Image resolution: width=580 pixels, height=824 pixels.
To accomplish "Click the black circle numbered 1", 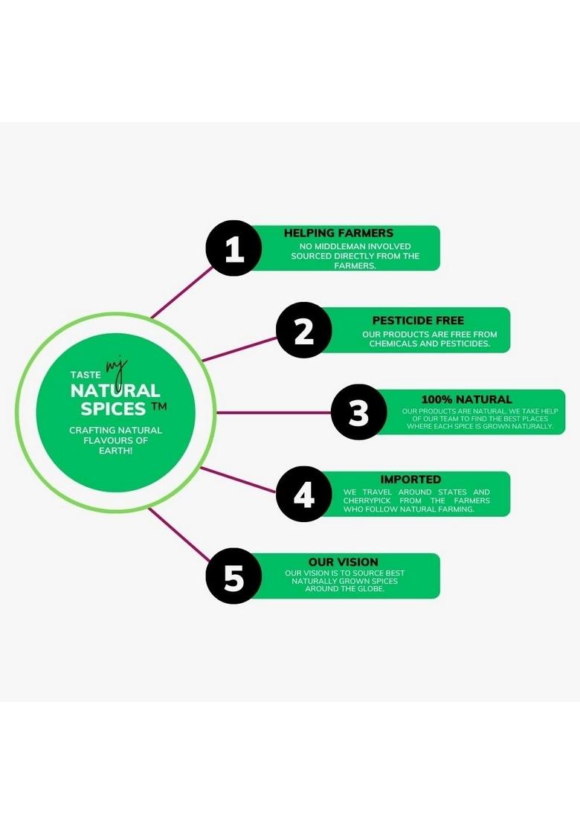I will coord(233,248).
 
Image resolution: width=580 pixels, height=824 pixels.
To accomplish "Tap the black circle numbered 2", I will coord(304,330).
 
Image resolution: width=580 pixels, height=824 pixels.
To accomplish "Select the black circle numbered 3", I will coord(358,412).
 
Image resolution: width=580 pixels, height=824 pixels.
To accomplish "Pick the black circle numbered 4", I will coord(304,494).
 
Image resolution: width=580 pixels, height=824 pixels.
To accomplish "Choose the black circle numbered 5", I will coord(233,576).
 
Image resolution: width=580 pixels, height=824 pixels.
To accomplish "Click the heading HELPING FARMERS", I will coord(338,233).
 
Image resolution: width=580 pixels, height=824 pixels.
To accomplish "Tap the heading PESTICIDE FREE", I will coord(418,321).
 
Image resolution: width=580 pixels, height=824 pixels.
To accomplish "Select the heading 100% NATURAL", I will coord(466,399).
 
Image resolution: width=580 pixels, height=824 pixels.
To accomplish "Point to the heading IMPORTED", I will coord(410,480).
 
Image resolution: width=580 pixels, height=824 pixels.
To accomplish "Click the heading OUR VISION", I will coord(343,562).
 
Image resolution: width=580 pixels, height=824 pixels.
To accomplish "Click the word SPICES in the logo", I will coord(113,408).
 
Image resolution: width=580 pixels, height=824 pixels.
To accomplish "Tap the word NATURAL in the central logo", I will coord(115,391).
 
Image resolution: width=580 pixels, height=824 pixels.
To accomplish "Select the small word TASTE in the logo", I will coord(84,376).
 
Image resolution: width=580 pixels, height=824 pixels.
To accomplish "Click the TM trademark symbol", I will coord(158,407).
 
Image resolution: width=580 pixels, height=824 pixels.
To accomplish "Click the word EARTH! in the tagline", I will coord(115,451).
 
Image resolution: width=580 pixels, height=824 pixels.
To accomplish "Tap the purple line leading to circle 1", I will coord(182,292).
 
